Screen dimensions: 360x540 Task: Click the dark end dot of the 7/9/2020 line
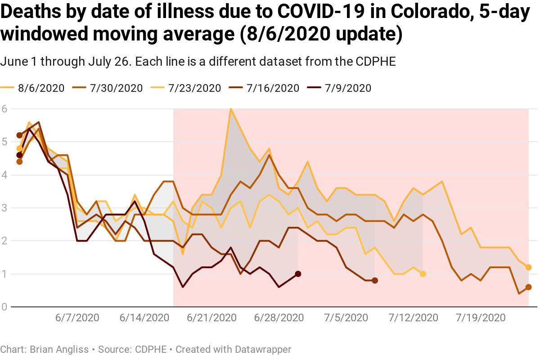[x=298, y=274]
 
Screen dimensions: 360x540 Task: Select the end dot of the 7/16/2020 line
[x=375, y=280]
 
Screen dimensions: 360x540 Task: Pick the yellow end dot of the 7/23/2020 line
[x=423, y=274]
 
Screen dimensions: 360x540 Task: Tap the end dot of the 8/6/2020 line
[x=529, y=267]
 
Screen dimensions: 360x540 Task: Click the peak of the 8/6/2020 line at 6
[x=231, y=109]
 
